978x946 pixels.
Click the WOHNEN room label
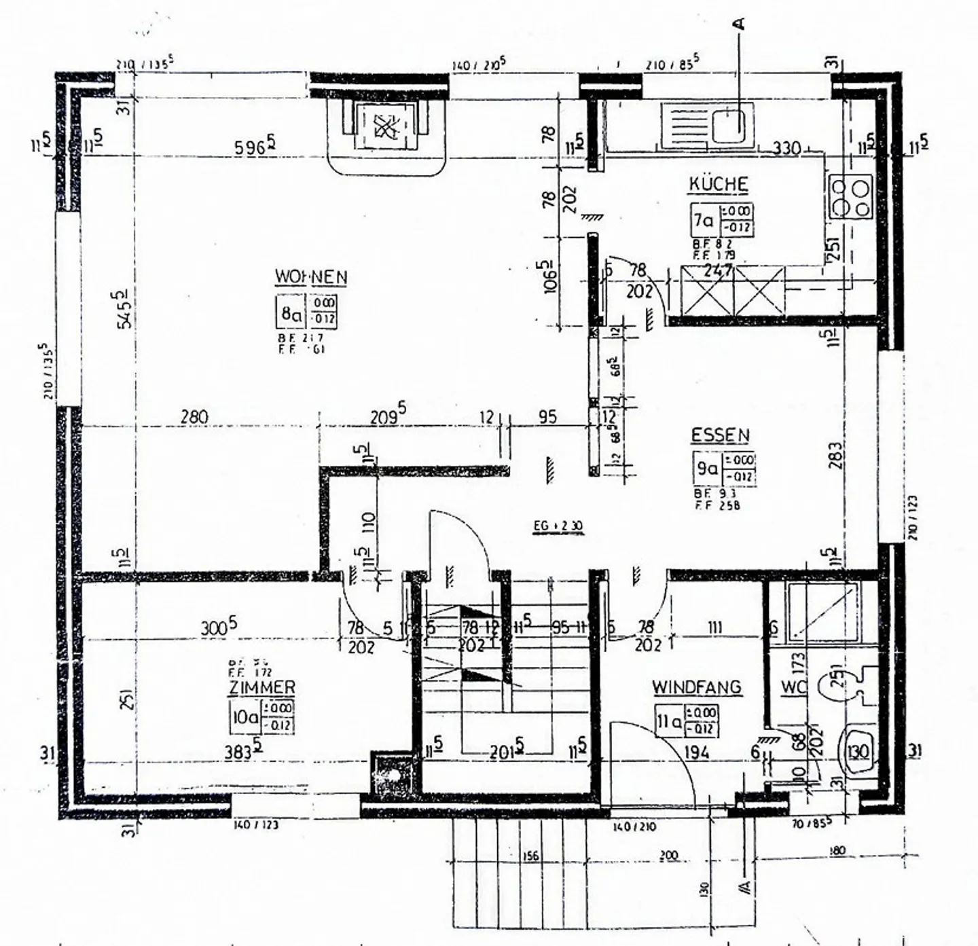311,277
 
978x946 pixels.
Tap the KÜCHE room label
719,185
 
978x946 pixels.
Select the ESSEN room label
720,435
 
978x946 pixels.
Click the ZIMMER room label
261,687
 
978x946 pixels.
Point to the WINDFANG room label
697,687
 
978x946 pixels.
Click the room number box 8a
291,313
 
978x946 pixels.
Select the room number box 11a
668,721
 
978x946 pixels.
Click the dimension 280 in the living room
194,417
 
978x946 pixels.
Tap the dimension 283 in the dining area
835,455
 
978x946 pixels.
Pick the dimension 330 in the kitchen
786,148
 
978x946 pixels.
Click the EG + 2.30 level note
558,526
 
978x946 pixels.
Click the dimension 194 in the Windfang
697,752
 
